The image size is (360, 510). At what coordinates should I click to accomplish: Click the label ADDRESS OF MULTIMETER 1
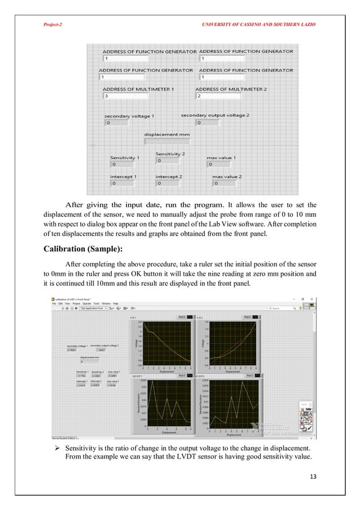(138, 89)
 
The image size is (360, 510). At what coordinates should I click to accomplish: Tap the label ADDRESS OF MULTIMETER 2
(231, 89)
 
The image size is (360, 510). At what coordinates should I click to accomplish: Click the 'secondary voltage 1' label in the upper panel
(129, 115)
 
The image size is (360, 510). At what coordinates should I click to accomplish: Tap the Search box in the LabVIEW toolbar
(288, 308)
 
